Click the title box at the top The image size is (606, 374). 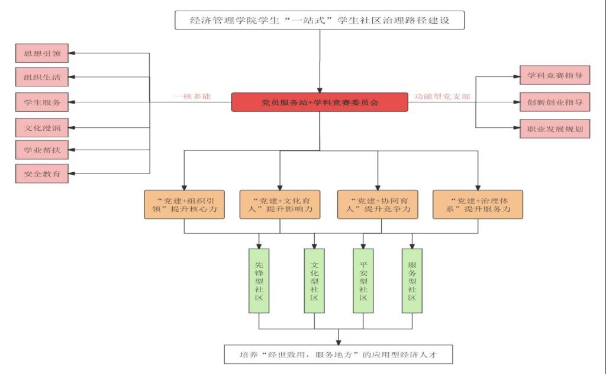pyautogui.click(x=320, y=20)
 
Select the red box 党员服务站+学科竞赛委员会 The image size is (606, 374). pyautogui.click(x=320, y=102)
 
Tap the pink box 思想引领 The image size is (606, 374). pyautogui.click(x=42, y=53)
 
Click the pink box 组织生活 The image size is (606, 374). pyautogui.click(x=42, y=77)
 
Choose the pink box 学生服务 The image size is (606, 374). pyautogui.click(x=42, y=102)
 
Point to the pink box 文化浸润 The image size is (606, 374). pyautogui.click(x=42, y=127)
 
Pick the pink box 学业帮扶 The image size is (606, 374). pyautogui.click(x=42, y=150)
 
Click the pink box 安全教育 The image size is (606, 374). pyautogui.click(x=42, y=173)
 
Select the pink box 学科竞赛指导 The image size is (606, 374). pyautogui.click(x=546, y=75)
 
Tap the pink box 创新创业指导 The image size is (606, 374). pyautogui.click(x=546, y=102)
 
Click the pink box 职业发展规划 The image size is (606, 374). pyautogui.click(x=546, y=128)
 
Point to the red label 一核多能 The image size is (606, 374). pyautogui.click(x=192, y=96)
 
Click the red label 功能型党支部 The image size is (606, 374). pyautogui.click(x=442, y=96)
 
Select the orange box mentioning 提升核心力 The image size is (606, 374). pyautogui.click(x=184, y=204)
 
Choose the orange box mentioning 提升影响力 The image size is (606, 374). pyautogui.click(x=280, y=204)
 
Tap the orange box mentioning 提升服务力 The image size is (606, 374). pyautogui.click(x=478, y=204)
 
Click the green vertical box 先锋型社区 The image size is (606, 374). pyautogui.click(x=259, y=280)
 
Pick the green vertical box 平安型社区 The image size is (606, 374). pyautogui.click(x=363, y=280)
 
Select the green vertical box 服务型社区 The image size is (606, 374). pyautogui.click(x=412, y=280)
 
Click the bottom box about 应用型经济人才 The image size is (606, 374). pyautogui.click(x=339, y=355)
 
